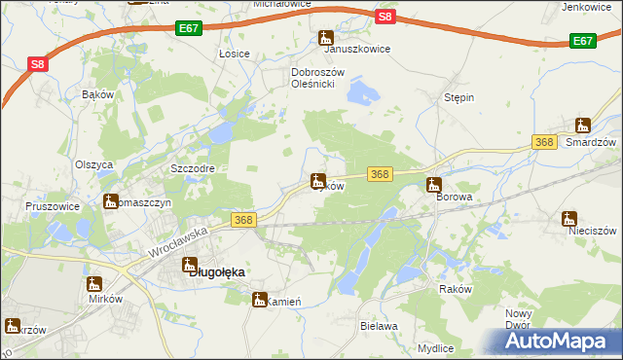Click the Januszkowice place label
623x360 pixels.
pyautogui.click(x=357, y=49)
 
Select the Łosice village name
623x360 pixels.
pyautogui.click(x=235, y=53)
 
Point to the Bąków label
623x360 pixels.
pyautogui.click(x=98, y=94)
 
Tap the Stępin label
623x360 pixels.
pyautogui.click(x=458, y=98)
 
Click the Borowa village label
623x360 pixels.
pyautogui.click(x=454, y=197)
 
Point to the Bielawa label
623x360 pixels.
pyautogui.click(x=379, y=326)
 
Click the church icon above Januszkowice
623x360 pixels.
pyautogui.click(x=326, y=38)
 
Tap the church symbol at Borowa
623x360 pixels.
pyautogui.click(x=434, y=184)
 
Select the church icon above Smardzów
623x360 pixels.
pyautogui.click(x=583, y=125)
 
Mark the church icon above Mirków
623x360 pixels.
pyautogui.click(x=93, y=284)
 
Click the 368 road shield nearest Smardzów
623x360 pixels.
pyautogui.click(x=544, y=143)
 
